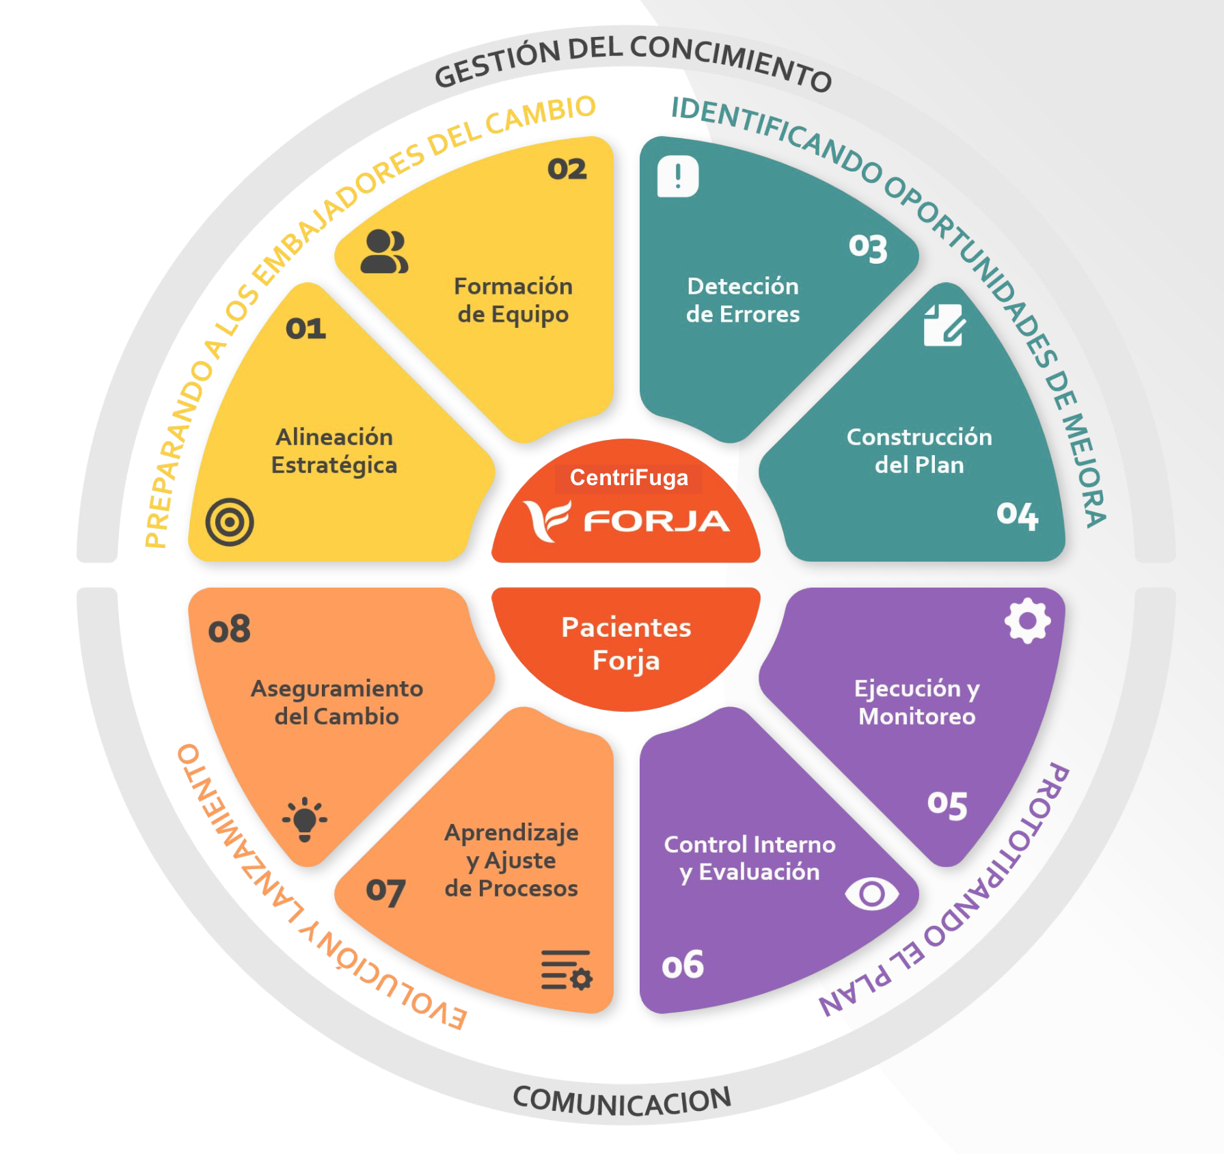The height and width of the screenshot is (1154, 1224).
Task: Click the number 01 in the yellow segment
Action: point(305,329)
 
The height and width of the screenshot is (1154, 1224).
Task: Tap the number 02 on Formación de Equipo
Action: point(567,169)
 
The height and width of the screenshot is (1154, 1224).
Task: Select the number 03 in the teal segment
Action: point(868,248)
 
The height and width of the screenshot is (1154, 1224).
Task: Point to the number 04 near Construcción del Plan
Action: point(1017,515)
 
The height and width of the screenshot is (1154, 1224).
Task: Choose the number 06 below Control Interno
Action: point(682,965)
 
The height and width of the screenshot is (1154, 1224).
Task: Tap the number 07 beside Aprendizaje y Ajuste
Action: point(385,892)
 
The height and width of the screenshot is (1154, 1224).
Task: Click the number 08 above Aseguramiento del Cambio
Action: point(229,629)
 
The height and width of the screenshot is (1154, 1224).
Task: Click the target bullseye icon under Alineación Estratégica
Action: point(230,522)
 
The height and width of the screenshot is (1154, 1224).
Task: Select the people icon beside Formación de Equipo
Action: point(384,252)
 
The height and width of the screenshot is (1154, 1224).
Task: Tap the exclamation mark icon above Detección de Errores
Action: point(678,176)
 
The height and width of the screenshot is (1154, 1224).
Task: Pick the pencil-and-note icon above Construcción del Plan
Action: point(944,325)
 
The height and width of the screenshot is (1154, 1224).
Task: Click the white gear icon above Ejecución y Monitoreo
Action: point(1027,620)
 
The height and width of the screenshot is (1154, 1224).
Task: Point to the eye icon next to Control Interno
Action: point(871,894)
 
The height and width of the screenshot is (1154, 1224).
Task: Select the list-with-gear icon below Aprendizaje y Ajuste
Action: point(566,970)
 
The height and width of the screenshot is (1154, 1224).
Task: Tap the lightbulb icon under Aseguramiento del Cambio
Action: point(305,819)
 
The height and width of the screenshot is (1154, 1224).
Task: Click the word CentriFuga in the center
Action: point(629,478)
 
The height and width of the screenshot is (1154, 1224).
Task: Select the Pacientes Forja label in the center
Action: point(626,644)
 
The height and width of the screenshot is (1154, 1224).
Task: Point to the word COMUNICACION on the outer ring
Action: point(622,1101)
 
